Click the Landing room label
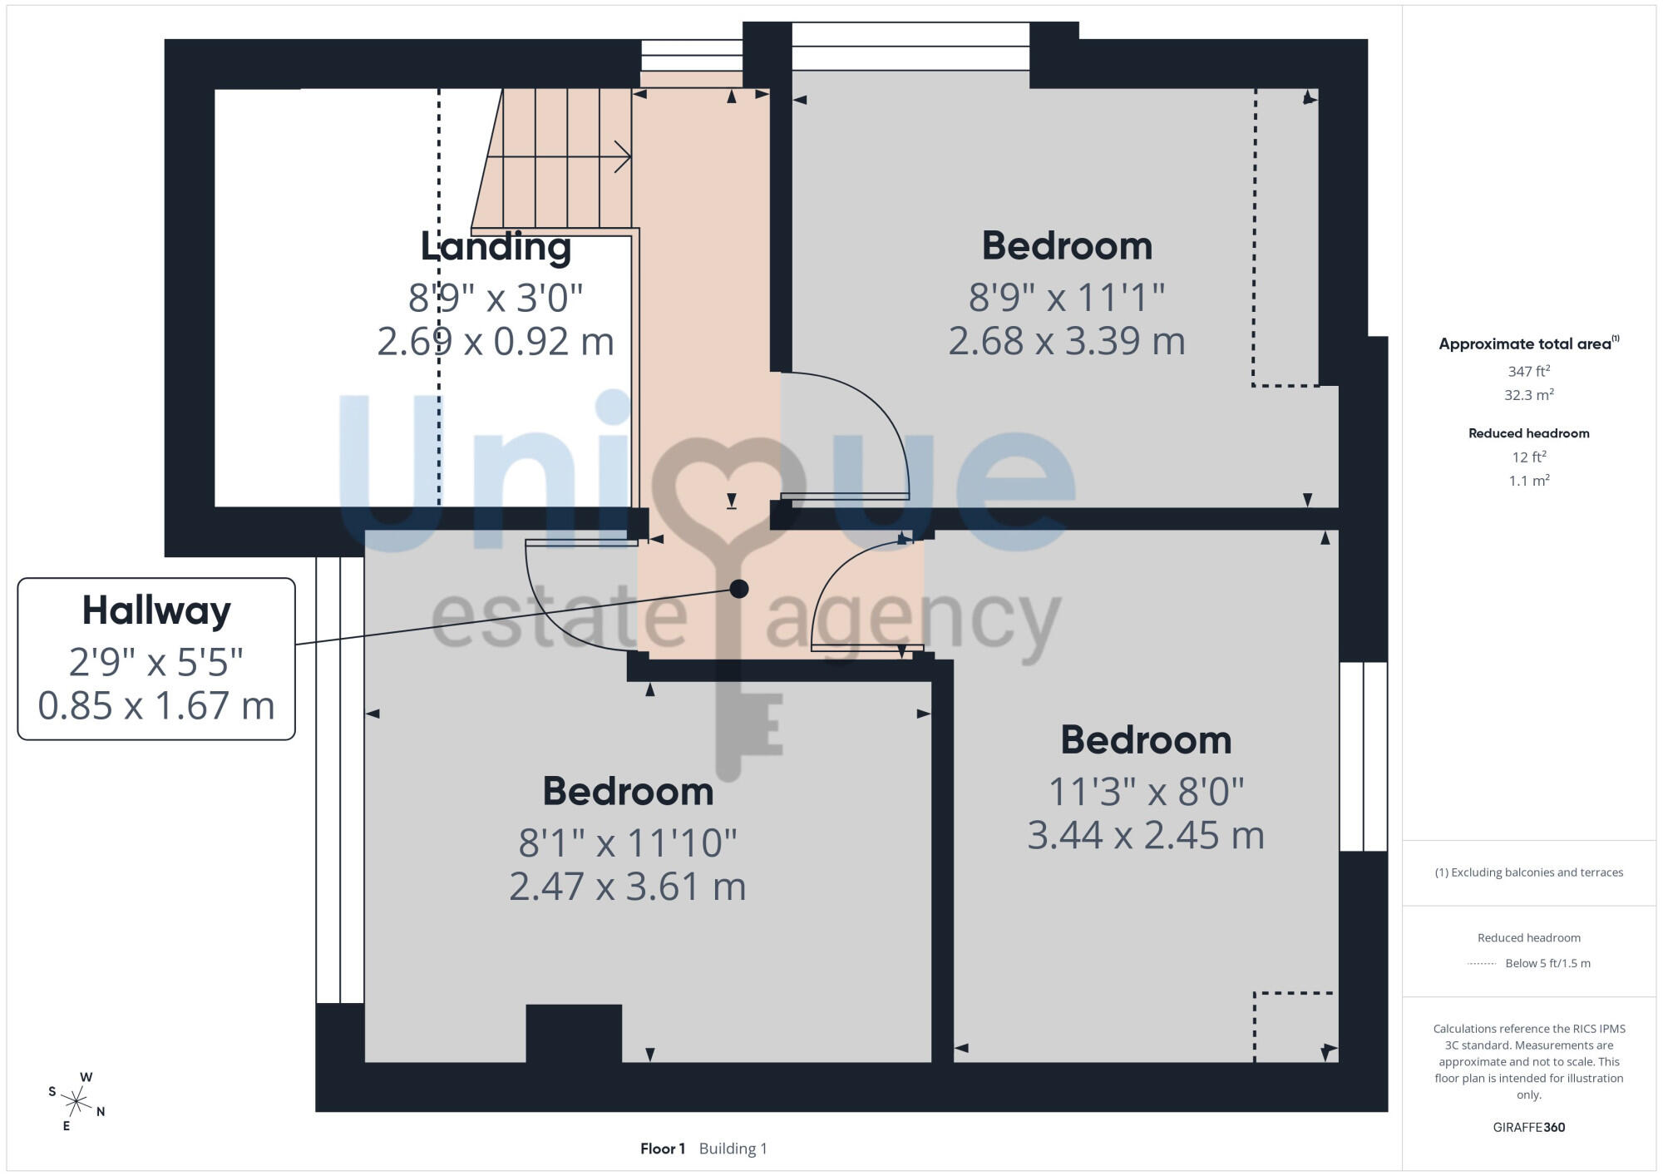(496, 247)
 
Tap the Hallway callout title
(156, 611)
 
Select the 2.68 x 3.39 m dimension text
(1067, 341)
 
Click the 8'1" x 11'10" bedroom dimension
(628, 842)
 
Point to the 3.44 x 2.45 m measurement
(1146, 835)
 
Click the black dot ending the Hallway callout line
(739, 589)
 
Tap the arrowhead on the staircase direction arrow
(623, 156)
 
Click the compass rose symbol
(76, 1102)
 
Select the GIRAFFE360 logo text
(1528, 1128)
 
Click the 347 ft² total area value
(1528, 371)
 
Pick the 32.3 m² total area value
(1528, 394)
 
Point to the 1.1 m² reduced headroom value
(1528, 481)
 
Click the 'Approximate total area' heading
(1528, 343)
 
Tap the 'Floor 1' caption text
(663, 1149)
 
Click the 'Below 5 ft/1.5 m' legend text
(1547, 963)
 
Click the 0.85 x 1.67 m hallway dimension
(156, 706)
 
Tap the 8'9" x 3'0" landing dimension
(496, 298)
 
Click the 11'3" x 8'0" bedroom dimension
(1146, 792)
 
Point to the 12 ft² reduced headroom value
(1528, 457)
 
